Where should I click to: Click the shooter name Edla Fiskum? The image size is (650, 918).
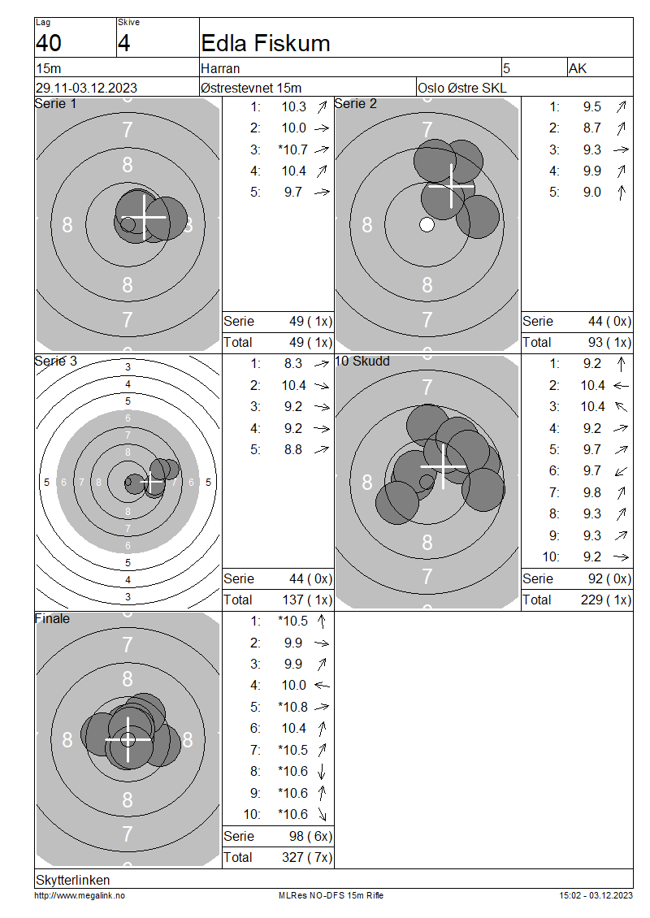point(265,43)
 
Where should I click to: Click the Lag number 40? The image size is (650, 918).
point(49,43)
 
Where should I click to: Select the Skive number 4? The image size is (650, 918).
point(123,43)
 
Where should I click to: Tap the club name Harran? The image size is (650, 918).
point(220,68)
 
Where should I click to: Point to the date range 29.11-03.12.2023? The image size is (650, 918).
point(87,88)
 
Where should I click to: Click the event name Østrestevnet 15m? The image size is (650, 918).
point(250,88)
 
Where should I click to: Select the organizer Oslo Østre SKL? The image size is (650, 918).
point(462,88)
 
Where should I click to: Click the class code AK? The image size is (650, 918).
point(578,68)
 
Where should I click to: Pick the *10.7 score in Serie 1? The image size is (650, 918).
point(292,149)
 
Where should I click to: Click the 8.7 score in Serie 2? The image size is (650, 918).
point(592,128)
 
